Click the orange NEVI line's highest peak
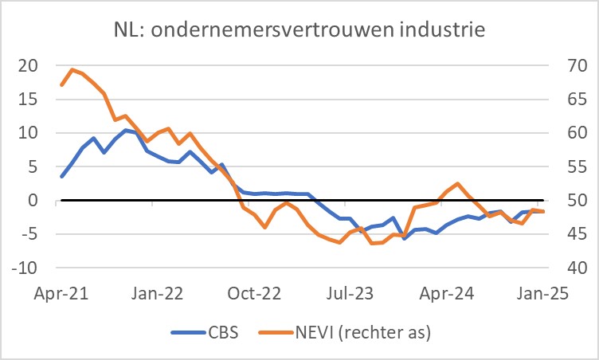(72, 69)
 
